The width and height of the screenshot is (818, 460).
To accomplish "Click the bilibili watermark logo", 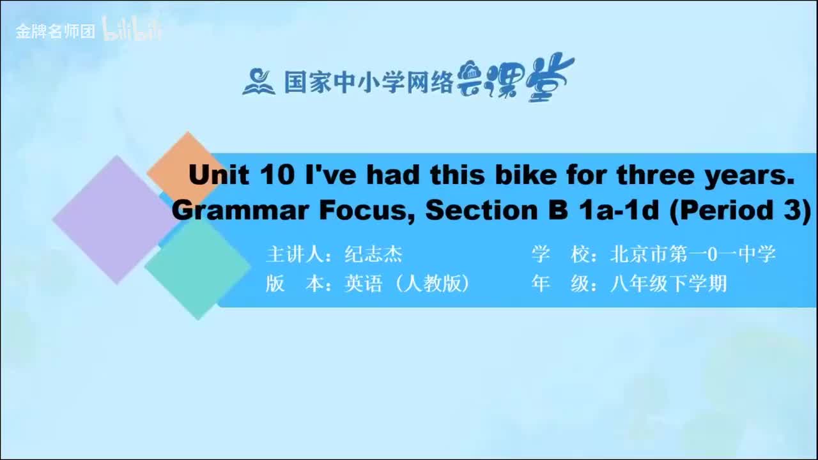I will click(132, 30).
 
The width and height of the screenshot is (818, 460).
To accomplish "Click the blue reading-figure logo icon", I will click(258, 81).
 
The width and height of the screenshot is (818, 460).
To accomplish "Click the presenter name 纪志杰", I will click(373, 254).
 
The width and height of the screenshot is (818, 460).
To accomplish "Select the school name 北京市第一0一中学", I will click(693, 254).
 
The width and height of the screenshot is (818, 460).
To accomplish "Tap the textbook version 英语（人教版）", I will click(406, 284).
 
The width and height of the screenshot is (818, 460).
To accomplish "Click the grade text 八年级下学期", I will click(668, 284).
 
